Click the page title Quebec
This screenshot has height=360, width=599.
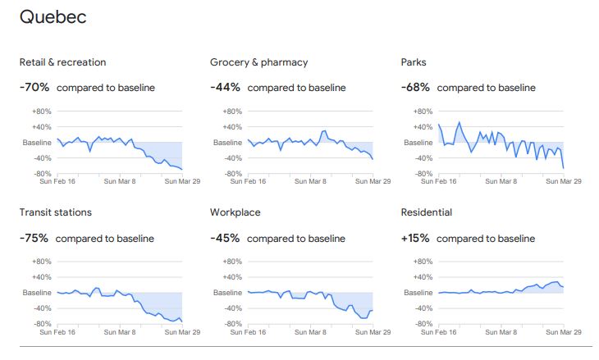coord(53,17)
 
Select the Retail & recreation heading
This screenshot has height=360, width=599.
coord(62,62)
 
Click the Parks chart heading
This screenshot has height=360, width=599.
coord(414,62)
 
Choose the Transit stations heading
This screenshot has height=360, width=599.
coord(55,212)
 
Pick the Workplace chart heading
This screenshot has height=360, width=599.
coord(235,212)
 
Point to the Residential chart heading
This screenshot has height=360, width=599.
coord(426,212)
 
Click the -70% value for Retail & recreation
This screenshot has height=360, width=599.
coord(34,88)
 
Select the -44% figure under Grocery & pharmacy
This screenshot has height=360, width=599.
coord(225,88)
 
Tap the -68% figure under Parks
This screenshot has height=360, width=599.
coord(415,88)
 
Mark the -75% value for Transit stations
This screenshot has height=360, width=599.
coord(34,239)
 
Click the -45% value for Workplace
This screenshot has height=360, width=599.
coord(225,239)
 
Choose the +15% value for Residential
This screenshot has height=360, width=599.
coord(415,239)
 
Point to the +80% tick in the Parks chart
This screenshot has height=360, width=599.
coord(422,112)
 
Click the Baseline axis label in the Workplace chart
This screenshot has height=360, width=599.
coord(227,293)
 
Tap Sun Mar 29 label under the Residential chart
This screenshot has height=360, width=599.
coord(564,332)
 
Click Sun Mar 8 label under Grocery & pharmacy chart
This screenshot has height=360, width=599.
coord(310,182)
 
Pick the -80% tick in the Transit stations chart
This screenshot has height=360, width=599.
coord(41,324)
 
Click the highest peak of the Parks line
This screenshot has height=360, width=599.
coord(460,122)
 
